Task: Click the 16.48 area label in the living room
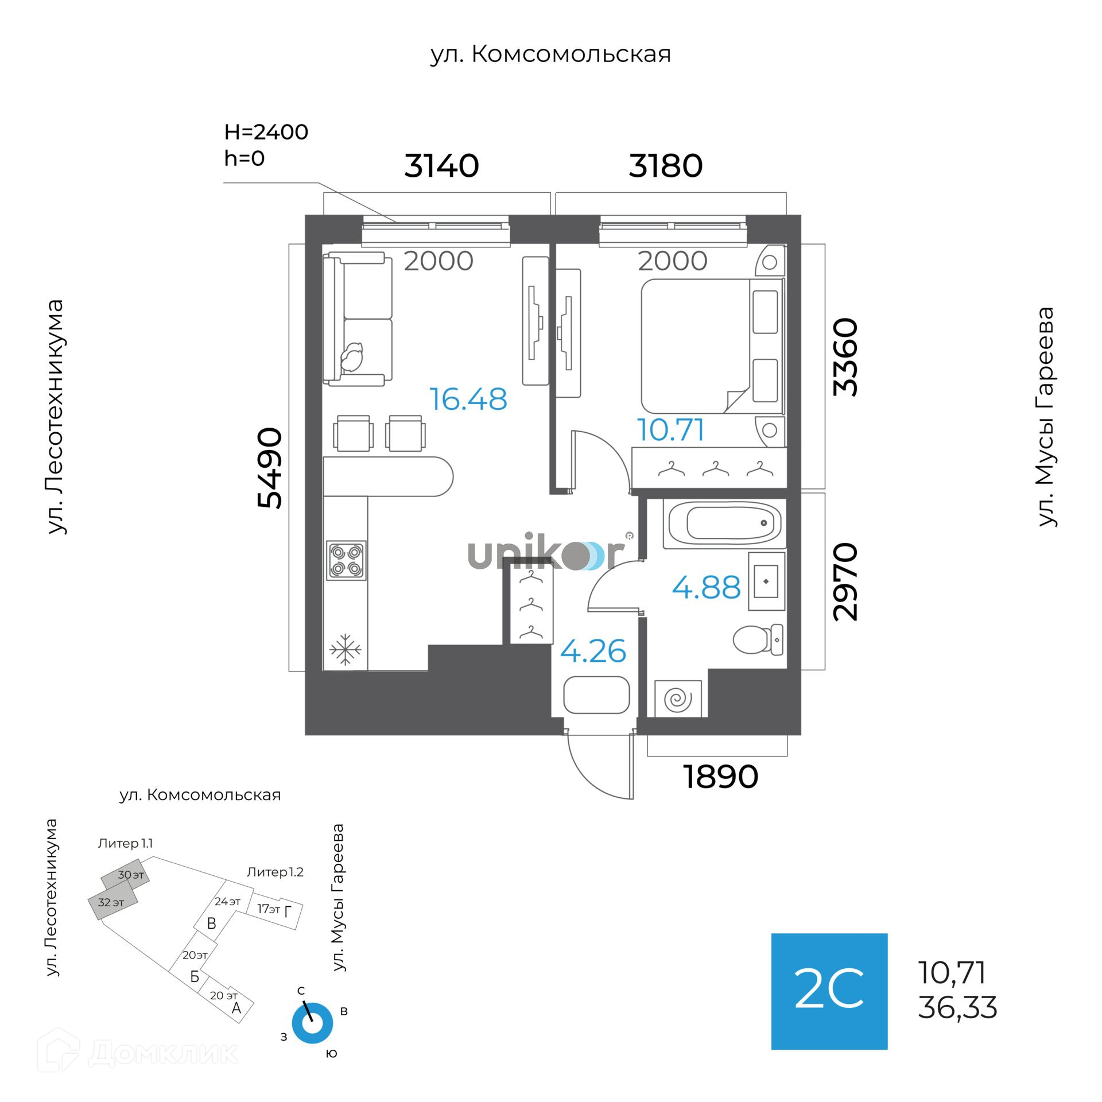pyautogui.click(x=468, y=399)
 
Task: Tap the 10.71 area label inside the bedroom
pyautogui.click(x=670, y=430)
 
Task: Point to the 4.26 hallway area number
pyautogui.click(x=593, y=651)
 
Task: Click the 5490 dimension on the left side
pyautogui.click(x=270, y=468)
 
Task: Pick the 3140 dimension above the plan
pyautogui.click(x=441, y=166)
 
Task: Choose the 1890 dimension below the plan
pyautogui.click(x=720, y=777)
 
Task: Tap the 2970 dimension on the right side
pyautogui.click(x=845, y=581)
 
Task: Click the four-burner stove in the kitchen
pyautogui.click(x=346, y=560)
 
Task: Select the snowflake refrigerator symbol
pyautogui.click(x=346, y=649)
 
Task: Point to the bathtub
pyautogui.click(x=724, y=523)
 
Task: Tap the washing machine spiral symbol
pyautogui.click(x=678, y=699)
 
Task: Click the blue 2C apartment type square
pyautogui.click(x=829, y=991)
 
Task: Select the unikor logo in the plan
pyautogui.click(x=545, y=554)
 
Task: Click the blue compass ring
pyautogui.click(x=312, y=1023)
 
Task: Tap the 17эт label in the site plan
pyautogui.click(x=268, y=909)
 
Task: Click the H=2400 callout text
pyautogui.click(x=266, y=133)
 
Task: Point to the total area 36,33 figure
pyautogui.click(x=957, y=1008)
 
